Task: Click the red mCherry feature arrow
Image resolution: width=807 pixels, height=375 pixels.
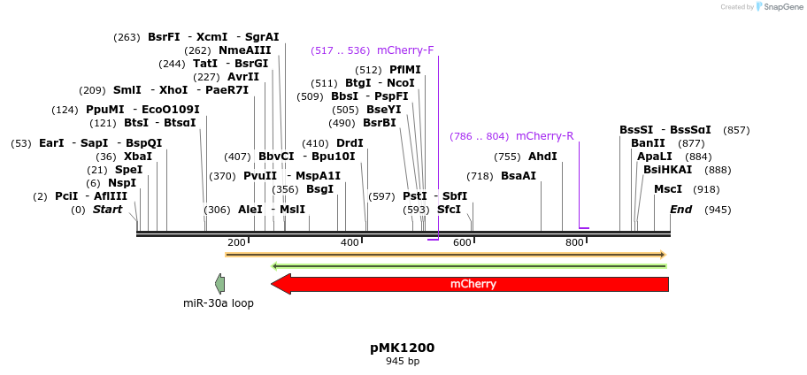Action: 473,284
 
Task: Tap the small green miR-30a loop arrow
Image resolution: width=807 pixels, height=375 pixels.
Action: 220,284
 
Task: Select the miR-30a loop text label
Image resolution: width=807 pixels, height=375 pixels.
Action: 219,303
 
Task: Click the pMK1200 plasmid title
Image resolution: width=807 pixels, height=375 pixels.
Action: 403,348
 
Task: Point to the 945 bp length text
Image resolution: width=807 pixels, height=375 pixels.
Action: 403,361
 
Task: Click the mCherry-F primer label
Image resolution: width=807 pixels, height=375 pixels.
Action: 405,50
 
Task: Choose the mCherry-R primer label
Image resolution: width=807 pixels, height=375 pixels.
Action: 544,136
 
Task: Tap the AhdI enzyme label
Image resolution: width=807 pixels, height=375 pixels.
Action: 542,157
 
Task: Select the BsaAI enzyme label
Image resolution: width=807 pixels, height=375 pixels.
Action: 519,176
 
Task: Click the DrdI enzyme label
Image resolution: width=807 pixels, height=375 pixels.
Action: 350,143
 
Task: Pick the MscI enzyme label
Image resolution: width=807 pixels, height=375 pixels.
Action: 668,189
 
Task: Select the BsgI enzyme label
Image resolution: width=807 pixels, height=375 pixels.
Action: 319,189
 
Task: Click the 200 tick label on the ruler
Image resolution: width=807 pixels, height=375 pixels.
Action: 236,242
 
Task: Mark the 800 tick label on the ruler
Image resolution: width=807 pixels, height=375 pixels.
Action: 574,242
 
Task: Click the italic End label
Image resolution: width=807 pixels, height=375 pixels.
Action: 680,210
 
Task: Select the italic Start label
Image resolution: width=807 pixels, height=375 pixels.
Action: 107,210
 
